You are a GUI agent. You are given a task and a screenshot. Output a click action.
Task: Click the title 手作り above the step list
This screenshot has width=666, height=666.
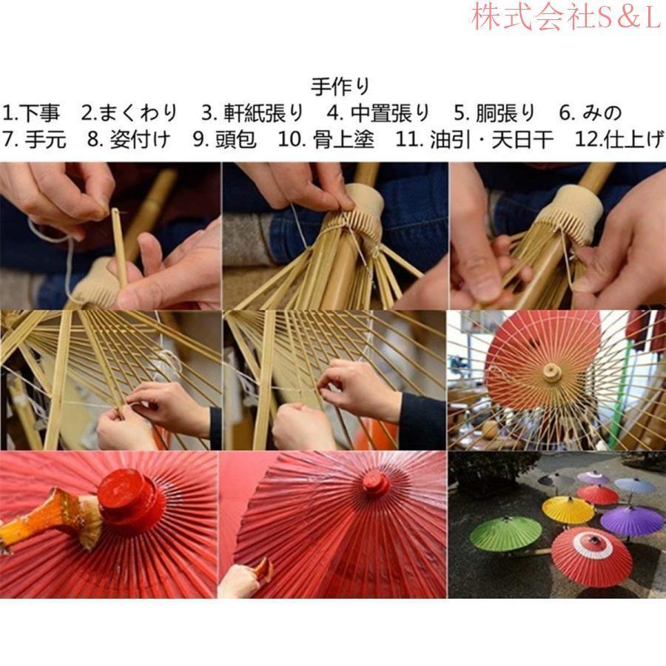pyautogui.click(x=340, y=87)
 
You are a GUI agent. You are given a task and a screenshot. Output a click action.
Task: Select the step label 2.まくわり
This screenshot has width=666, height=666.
pyautogui.click(x=129, y=113)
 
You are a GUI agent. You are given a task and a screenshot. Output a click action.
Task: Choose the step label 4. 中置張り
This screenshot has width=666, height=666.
pyautogui.click(x=378, y=113)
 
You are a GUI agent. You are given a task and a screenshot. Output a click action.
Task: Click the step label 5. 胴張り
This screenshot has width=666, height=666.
pyautogui.click(x=494, y=113)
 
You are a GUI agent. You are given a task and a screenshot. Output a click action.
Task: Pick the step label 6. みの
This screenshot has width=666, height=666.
pyautogui.click(x=590, y=113)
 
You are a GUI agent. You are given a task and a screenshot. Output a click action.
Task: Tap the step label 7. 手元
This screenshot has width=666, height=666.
pyautogui.click(x=34, y=139)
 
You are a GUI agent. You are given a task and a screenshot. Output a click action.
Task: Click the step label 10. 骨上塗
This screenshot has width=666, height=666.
pyautogui.click(x=326, y=139)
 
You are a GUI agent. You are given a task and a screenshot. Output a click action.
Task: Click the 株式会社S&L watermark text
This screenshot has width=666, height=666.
pyautogui.click(x=565, y=18)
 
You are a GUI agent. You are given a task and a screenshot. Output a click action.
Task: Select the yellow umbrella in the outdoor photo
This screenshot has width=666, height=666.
pyautogui.click(x=568, y=508)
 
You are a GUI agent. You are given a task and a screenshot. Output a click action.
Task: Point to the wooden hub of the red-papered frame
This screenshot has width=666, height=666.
pyautogui.click(x=551, y=370)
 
